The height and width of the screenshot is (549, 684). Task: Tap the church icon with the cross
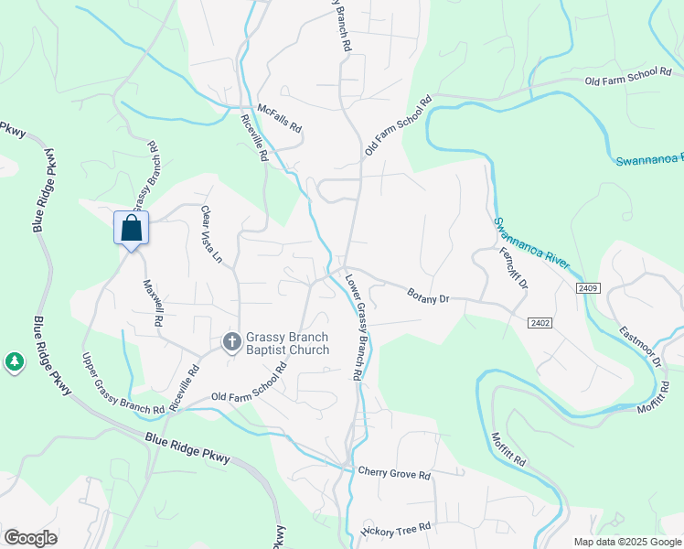pos(232,342)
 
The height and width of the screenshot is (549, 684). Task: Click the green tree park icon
pos(14,362)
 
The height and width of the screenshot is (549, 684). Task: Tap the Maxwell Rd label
pos(153,304)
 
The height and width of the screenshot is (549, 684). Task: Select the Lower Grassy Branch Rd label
pos(353,327)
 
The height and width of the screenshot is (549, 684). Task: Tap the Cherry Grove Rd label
pos(394,476)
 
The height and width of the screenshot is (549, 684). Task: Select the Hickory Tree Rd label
pos(395,530)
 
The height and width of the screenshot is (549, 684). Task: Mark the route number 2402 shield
pos(538,323)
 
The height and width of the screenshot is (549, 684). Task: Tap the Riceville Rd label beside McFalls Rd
pos(254,138)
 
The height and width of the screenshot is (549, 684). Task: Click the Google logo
pos(30,538)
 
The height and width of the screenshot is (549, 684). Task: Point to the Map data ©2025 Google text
pos(626,542)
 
